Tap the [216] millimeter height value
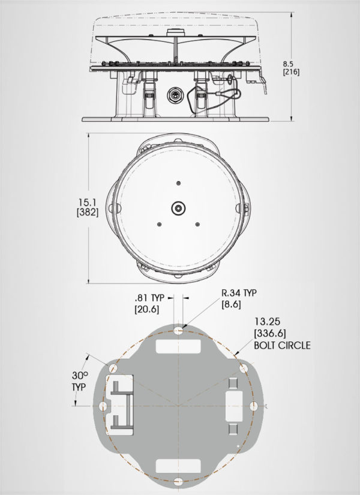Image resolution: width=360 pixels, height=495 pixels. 291,72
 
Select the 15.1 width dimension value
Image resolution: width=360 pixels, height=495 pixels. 88,202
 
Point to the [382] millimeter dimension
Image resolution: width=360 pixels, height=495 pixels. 88,212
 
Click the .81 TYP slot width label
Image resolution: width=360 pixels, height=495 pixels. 149,298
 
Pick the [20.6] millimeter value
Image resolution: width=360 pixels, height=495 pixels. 147,309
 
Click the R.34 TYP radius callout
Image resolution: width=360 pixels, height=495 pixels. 239,293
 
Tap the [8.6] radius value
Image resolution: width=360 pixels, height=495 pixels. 231,304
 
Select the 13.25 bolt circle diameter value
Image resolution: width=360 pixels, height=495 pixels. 268,322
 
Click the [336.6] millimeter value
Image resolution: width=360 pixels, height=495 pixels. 270,334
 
